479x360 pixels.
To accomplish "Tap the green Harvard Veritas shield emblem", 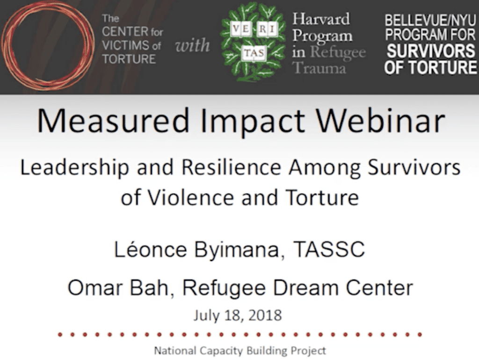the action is [x=253, y=42].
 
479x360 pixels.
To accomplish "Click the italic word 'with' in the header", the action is [x=192, y=46].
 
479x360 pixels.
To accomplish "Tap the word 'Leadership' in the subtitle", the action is [x=74, y=168].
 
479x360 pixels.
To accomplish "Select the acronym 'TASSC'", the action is [x=329, y=249].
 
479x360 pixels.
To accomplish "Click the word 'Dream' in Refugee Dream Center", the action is [x=305, y=288].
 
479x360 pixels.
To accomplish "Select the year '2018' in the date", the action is [x=265, y=316].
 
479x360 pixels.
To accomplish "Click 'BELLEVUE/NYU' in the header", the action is [x=430, y=21].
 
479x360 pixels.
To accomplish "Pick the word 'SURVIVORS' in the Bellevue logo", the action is [x=431, y=50].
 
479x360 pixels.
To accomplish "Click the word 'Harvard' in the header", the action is [x=321, y=19].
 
